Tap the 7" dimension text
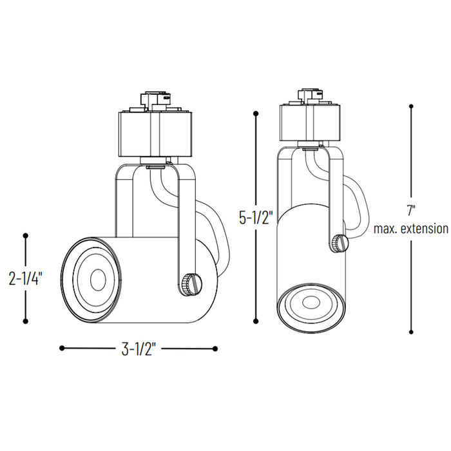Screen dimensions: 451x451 pos(411,210)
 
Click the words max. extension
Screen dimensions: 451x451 pos(411,228)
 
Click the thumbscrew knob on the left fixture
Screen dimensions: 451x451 pos(190,283)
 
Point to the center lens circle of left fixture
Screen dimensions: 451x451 pos(97,279)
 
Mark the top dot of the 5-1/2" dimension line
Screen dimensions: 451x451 pos(256,114)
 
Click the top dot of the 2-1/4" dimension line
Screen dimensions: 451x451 pos(26,236)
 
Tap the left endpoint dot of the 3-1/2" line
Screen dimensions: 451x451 pos(62,349)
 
